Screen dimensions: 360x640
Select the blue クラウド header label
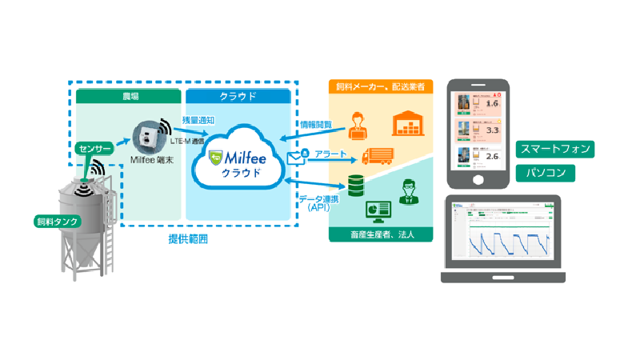click(238, 97)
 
